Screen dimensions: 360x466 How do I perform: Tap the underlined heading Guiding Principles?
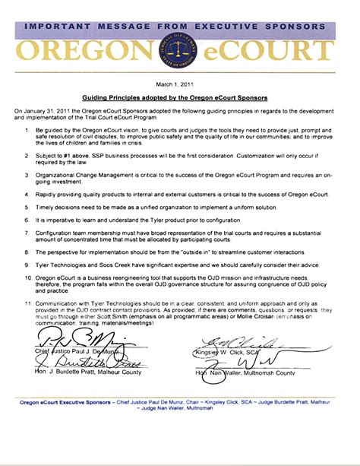[x=179, y=98]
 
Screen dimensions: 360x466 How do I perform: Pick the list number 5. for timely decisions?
[x=26, y=206]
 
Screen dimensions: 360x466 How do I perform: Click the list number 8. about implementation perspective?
[x=26, y=249]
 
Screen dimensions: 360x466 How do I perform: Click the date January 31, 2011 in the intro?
[x=52, y=111]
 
